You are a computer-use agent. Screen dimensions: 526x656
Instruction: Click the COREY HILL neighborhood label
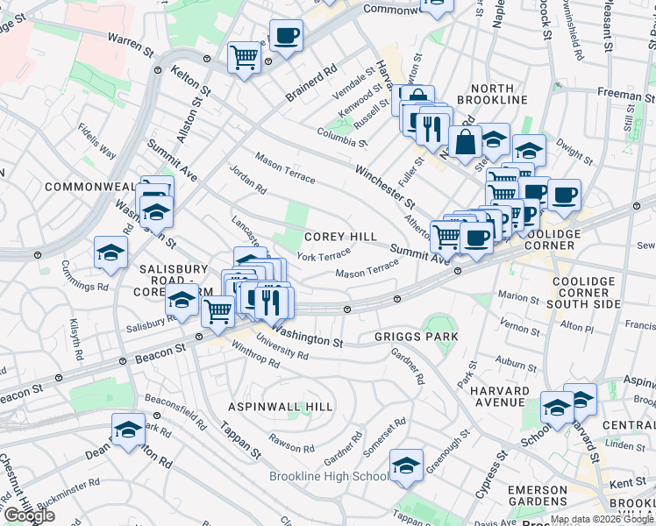click(340, 237)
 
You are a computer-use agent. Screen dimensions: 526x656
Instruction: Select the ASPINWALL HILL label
click(281, 407)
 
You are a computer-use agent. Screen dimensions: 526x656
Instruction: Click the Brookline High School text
click(329, 476)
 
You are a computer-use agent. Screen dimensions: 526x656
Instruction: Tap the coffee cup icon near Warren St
click(286, 37)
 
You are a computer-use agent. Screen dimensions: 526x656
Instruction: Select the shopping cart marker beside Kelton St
click(244, 58)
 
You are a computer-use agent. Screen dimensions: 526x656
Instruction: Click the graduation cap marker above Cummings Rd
click(111, 252)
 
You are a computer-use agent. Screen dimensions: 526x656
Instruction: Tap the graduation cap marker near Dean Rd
click(129, 430)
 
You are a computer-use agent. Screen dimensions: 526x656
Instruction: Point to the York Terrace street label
click(324, 256)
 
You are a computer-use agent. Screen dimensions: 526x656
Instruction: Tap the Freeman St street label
click(621, 91)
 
